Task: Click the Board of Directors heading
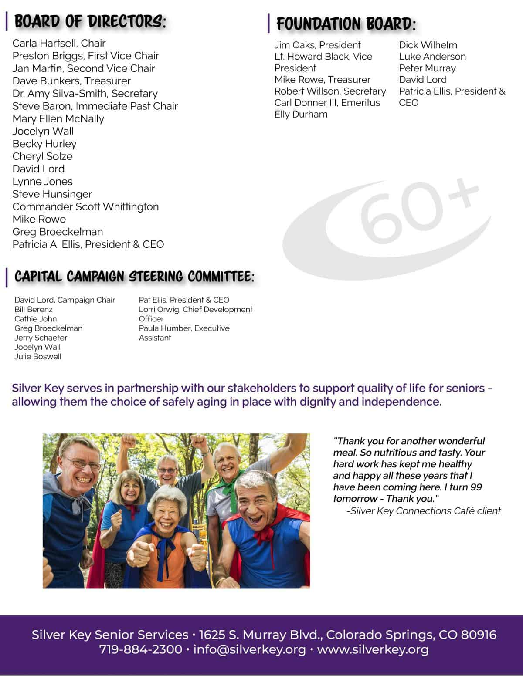tap(90, 21)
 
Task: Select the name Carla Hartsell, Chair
tap(59, 43)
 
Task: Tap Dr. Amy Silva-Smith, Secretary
tap(85, 94)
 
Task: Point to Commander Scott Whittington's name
tap(85, 207)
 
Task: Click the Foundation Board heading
tap(346, 24)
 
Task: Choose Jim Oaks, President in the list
tap(317, 45)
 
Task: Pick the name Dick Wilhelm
tap(428, 45)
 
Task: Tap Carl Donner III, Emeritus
tap(327, 103)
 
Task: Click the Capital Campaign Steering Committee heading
tap(134, 277)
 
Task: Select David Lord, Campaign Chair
tap(65, 300)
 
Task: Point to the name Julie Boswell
tap(38, 357)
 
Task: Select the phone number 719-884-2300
tap(140, 649)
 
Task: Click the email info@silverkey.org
tap(249, 649)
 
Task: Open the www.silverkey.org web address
tap(373, 649)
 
